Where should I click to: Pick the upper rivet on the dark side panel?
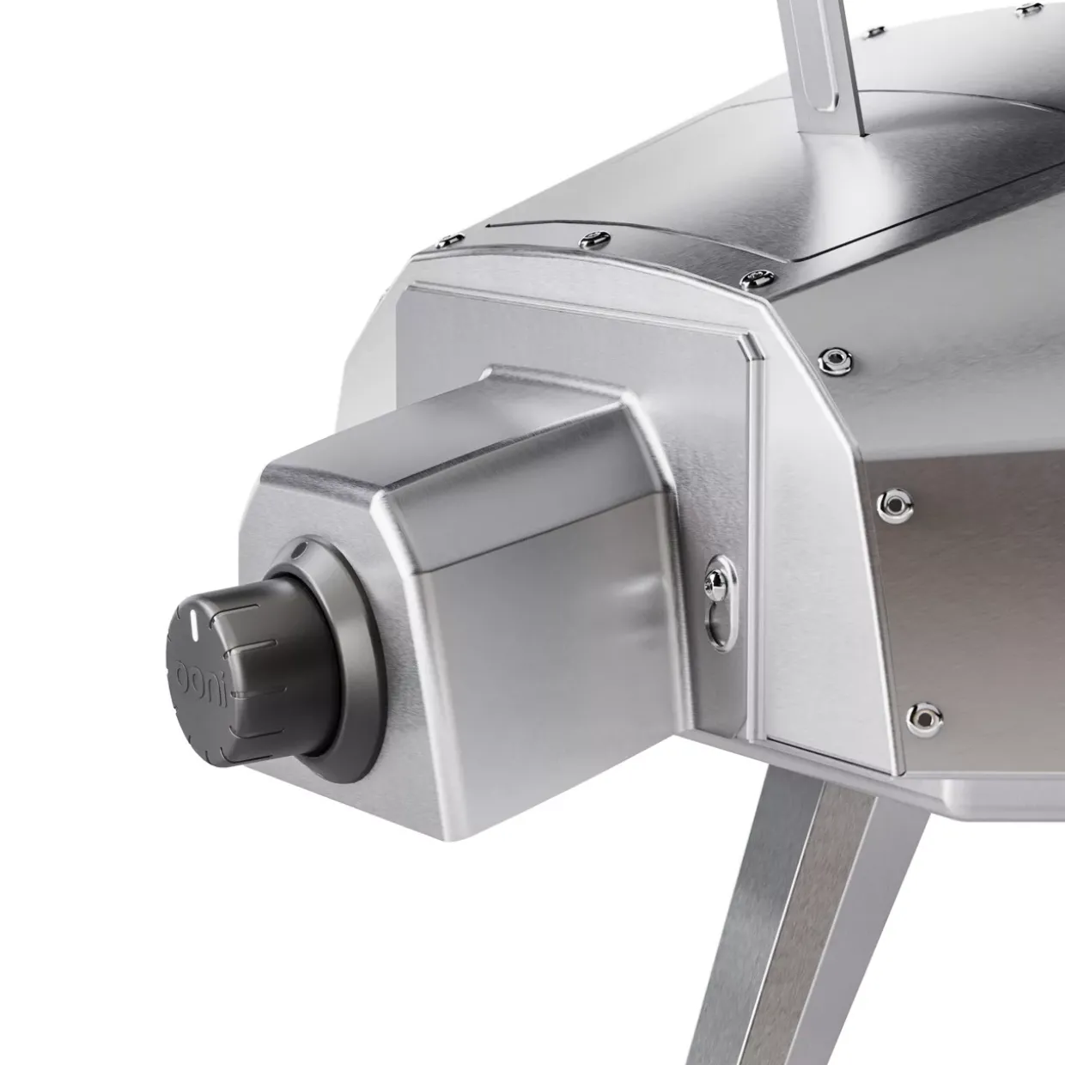click(894, 502)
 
